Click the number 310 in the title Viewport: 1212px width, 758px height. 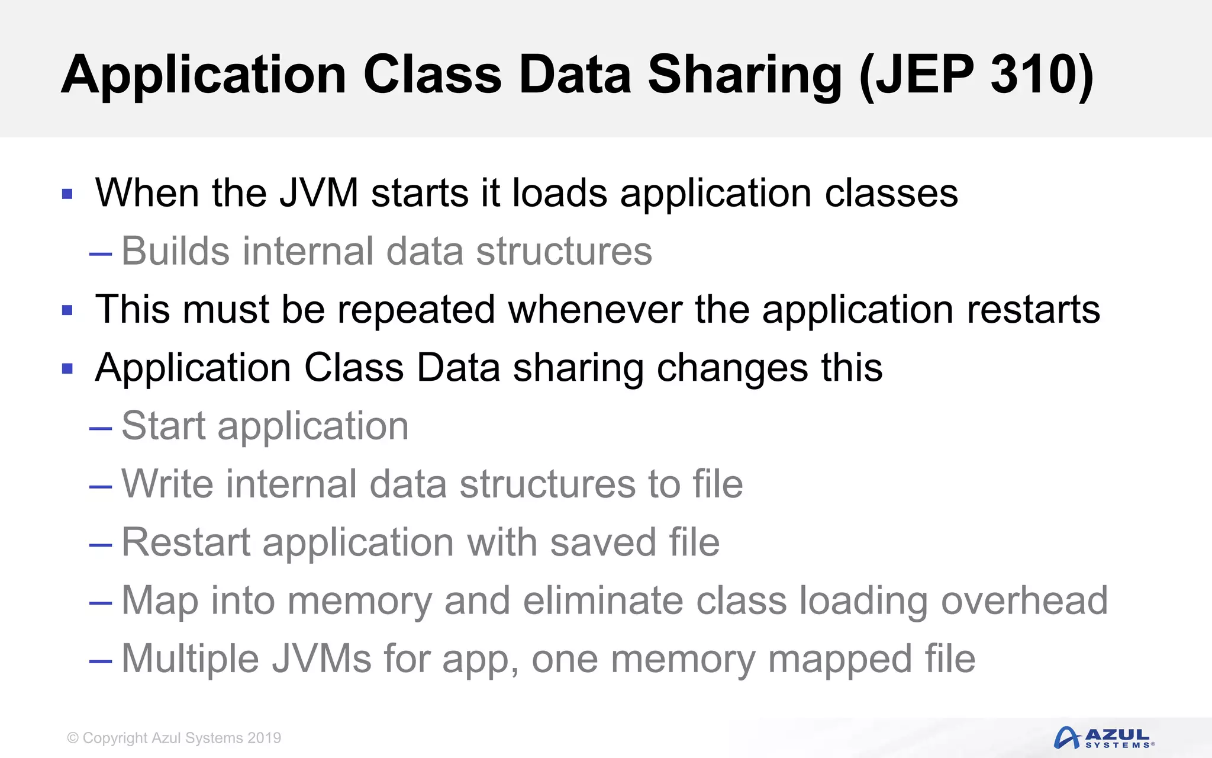point(1033,75)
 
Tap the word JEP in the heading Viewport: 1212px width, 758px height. point(923,75)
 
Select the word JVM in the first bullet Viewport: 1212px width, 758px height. point(319,193)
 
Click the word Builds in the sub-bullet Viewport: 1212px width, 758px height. point(175,251)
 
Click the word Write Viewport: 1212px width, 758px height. point(167,484)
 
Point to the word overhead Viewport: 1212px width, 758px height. point(1024,600)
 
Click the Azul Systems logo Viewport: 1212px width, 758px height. point(1104,738)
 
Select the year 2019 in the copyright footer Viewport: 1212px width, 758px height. point(264,738)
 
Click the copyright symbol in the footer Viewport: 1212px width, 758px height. point(73,738)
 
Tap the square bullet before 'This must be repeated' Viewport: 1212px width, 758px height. point(67,310)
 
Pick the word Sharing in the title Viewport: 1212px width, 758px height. point(744,75)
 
